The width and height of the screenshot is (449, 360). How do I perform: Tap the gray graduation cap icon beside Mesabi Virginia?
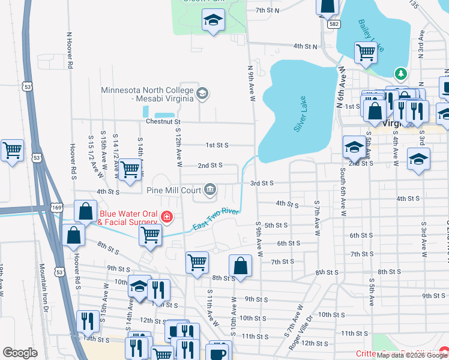click(202, 93)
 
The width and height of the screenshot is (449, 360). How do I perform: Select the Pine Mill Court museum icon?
click(210, 190)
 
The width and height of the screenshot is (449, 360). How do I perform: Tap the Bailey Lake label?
click(371, 35)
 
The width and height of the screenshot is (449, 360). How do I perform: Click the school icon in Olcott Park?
click(212, 20)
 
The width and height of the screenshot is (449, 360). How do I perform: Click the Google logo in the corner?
click(20, 353)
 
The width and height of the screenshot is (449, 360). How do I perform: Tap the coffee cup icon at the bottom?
click(219, 352)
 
